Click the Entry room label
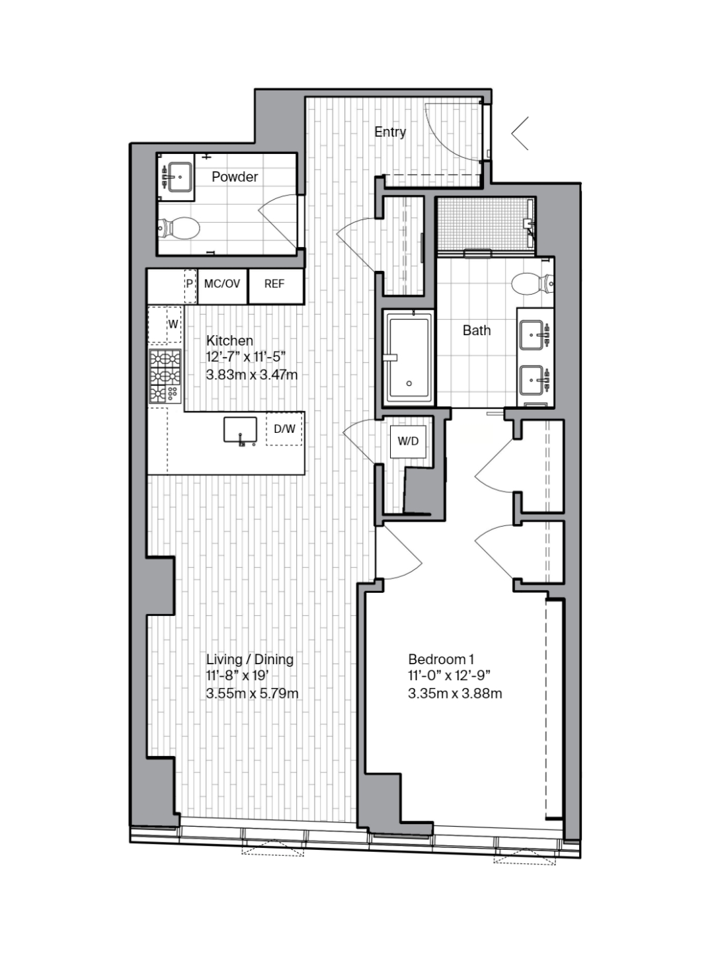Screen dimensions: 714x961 390,132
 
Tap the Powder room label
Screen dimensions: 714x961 235,176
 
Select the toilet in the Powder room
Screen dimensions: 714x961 178,228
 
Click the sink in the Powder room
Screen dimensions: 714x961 179,176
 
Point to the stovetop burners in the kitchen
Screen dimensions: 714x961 165,377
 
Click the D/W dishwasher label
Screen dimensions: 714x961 284,429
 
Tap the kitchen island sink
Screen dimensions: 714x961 240,430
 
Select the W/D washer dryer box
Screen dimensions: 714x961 408,442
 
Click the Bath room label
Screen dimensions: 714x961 477,330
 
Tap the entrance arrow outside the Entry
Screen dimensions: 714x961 520,134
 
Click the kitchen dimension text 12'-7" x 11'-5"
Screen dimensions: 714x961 246,358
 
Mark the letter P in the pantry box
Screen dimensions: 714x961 190,285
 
